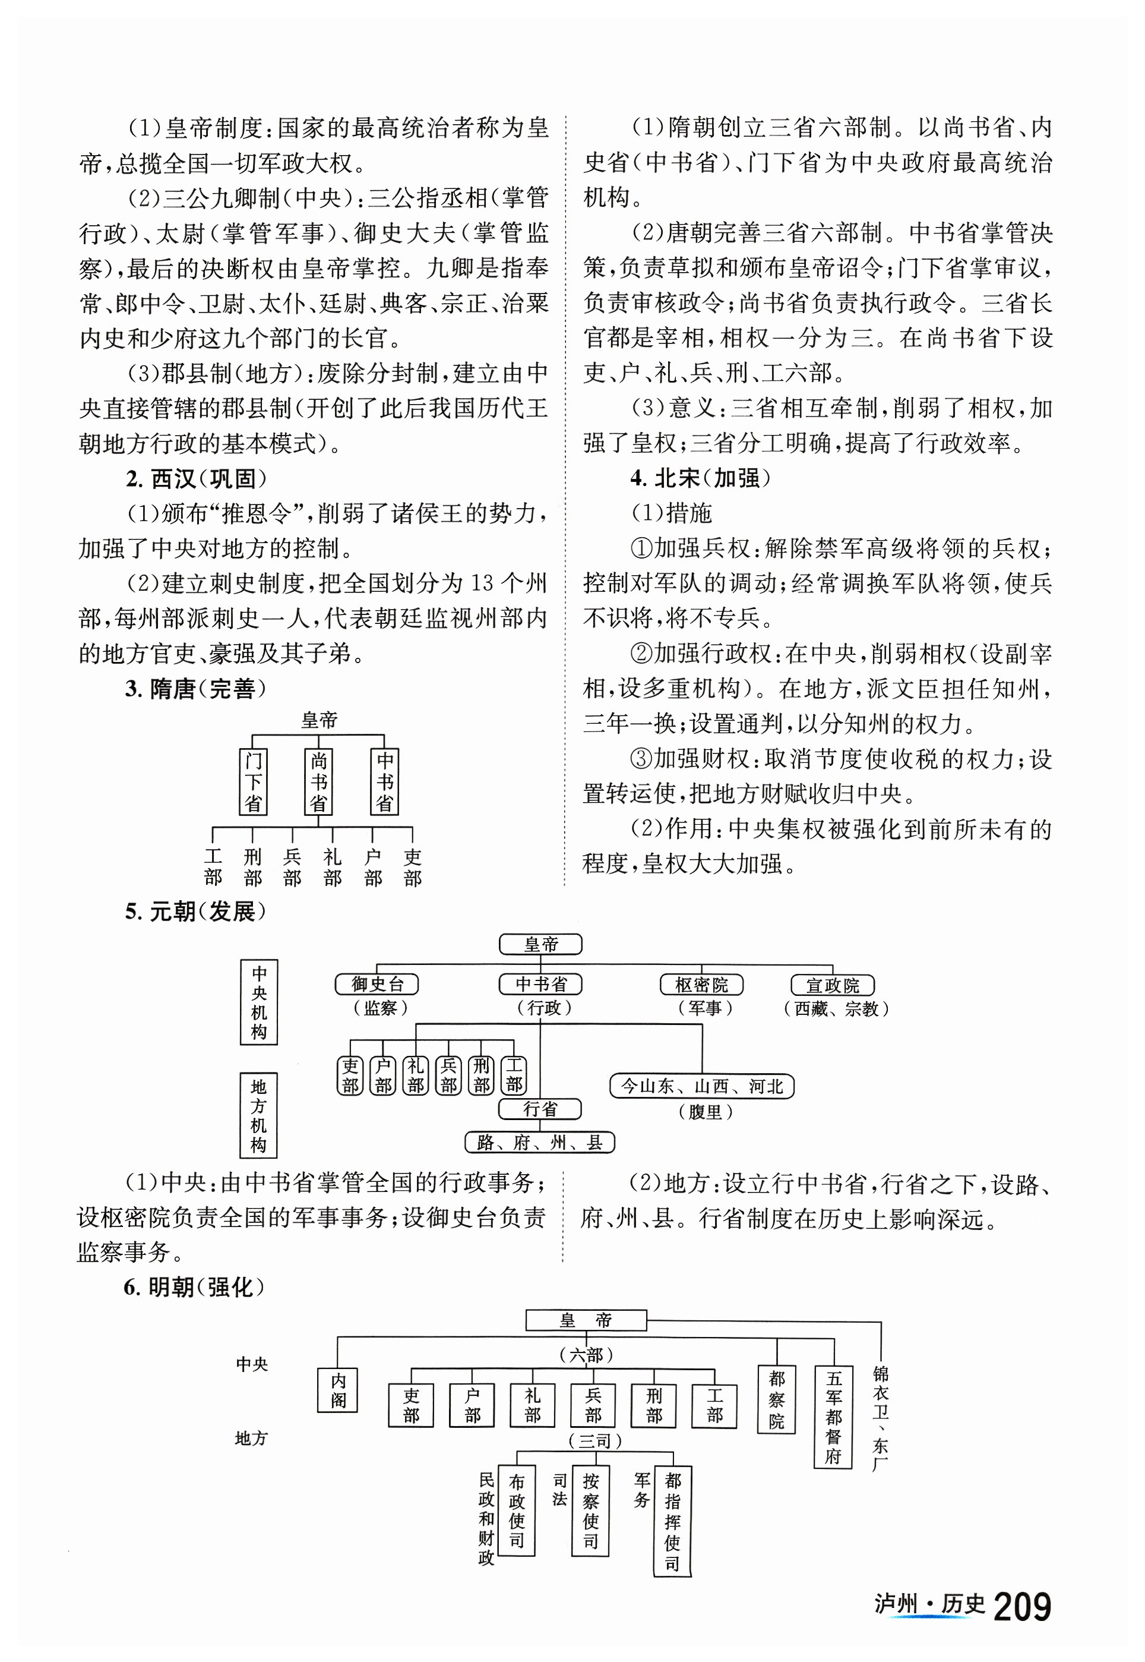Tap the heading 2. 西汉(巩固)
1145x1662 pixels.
(195, 479)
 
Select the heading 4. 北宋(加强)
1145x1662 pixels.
(700, 479)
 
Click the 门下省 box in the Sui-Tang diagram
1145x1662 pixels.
(252, 782)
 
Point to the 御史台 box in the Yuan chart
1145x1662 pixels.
(377, 985)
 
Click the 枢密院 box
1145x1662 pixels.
(701, 985)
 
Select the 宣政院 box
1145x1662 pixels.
(832, 985)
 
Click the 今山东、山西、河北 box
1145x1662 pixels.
(701, 1086)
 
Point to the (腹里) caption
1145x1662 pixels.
(704, 1112)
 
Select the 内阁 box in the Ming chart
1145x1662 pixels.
(338, 1390)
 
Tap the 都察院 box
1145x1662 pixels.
(776, 1399)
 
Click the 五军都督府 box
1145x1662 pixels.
(833, 1417)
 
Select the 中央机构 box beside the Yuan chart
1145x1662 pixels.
(259, 1002)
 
